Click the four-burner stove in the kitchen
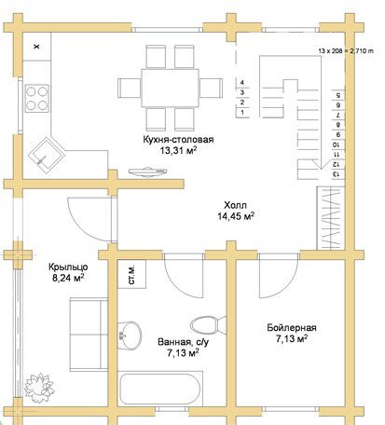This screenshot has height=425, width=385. tap(37, 98)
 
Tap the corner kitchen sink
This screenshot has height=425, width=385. tap(47, 156)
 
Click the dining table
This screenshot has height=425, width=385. tap(170, 88)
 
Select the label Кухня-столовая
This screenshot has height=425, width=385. tap(178, 140)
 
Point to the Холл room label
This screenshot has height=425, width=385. tap(235, 205)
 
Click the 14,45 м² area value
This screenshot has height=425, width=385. tap(236, 216)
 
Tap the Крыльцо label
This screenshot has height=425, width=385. tap(68, 267)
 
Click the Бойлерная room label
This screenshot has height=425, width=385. tap(292, 328)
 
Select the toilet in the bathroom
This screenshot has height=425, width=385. tap(208, 325)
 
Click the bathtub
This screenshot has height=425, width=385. tap(160, 388)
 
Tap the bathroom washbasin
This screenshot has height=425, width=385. tap(130, 336)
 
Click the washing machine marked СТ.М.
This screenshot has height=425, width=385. tap(131, 274)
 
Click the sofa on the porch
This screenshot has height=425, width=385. tap(89, 335)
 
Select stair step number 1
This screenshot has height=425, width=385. tap(242, 112)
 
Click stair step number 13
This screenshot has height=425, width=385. tap(336, 174)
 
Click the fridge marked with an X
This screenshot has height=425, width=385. tap(37, 47)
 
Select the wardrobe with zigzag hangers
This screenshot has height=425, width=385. tap(331, 218)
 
